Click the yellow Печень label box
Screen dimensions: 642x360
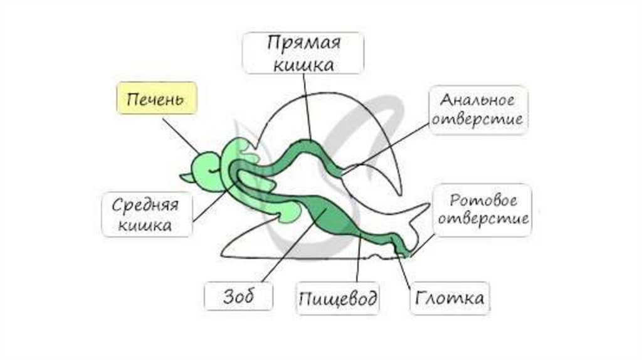coord(156,99)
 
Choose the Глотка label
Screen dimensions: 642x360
coord(450,298)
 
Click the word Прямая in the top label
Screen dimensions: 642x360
coord(303,43)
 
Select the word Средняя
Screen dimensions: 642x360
coord(146,205)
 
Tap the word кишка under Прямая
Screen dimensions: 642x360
coord(303,64)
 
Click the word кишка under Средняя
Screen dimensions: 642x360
coord(145,225)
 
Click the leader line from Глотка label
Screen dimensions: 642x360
coord(404,270)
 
